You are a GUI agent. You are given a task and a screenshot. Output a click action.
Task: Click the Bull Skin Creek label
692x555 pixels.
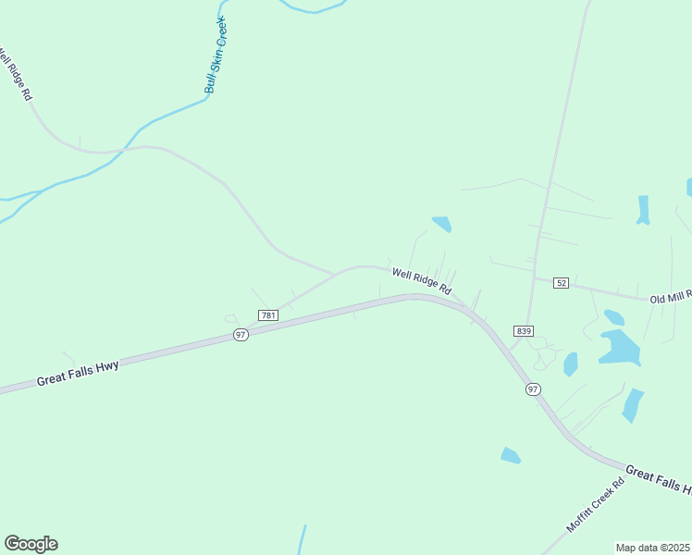tap(215, 55)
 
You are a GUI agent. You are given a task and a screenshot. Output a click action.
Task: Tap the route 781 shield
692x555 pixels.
tap(268, 315)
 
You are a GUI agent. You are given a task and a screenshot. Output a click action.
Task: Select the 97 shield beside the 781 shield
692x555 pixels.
tap(241, 334)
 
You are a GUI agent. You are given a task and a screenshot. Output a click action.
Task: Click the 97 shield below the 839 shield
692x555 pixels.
tap(532, 389)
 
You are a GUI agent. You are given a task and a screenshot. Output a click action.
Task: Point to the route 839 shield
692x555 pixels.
tap(525, 331)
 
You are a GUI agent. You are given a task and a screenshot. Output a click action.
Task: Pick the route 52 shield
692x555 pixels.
tap(562, 282)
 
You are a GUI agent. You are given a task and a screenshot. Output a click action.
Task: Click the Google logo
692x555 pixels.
tap(31, 544)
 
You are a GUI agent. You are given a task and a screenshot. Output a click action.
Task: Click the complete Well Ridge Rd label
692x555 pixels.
tap(421, 280)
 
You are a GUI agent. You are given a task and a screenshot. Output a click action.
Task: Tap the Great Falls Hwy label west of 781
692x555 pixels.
tap(78, 373)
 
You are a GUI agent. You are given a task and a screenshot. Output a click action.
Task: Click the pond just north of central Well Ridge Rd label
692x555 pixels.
tap(441, 224)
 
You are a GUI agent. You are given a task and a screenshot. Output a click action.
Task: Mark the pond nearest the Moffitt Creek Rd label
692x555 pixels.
tap(511, 455)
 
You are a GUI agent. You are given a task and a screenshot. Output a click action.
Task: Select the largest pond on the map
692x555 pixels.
tap(619, 348)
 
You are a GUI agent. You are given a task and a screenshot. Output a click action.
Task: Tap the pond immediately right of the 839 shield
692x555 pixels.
tap(570, 364)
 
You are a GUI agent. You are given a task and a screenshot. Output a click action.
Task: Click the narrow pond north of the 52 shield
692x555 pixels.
tap(643, 209)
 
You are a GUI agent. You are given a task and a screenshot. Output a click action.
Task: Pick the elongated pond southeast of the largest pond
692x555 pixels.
tap(633, 404)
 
